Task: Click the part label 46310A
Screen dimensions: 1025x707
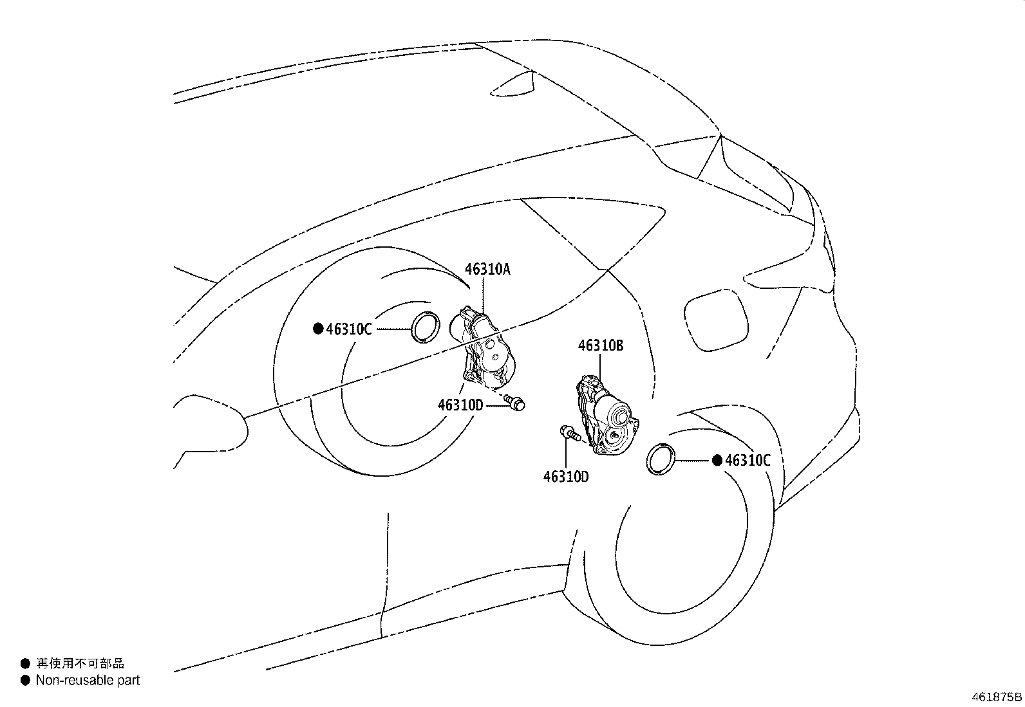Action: coord(487,269)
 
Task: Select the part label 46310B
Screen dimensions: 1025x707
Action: coord(600,345)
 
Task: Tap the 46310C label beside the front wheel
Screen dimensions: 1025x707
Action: coord(349,329)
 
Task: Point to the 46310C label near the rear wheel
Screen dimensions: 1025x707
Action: coord(748,460)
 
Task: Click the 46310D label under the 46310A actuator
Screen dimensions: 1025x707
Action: coord(460,405)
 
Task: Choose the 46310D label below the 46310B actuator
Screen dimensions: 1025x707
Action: coord(566,477)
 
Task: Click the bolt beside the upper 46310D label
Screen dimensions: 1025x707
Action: coord(515,403)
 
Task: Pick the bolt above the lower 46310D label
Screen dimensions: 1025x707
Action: coord(570,432)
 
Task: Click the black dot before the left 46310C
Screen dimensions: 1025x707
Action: coord(318,328)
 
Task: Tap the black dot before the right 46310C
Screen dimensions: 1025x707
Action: coord(717,460)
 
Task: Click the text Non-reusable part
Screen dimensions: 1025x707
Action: coord(88,681)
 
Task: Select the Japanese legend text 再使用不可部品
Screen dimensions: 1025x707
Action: coord(80,663)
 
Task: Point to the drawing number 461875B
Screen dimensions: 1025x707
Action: coord(997,697)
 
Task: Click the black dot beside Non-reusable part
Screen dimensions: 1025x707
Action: coord(26,681)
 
